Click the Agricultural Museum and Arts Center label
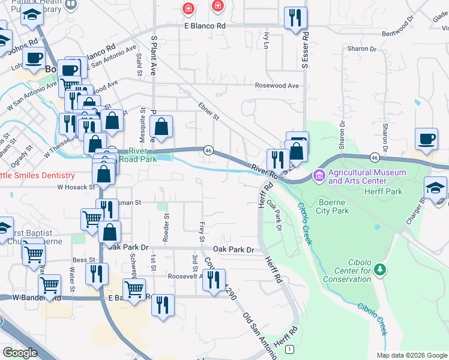point(367,176)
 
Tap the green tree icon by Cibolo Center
point(379,271)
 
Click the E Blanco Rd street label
point(204,26)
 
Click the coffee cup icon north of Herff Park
point(427,139)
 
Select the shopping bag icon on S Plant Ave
point(161,127)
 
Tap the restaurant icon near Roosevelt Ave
point(214,280)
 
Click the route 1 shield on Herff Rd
point(290,349)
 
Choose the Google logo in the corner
point(20,353)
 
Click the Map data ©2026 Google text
point(412,355)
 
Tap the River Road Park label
point(137,155)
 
